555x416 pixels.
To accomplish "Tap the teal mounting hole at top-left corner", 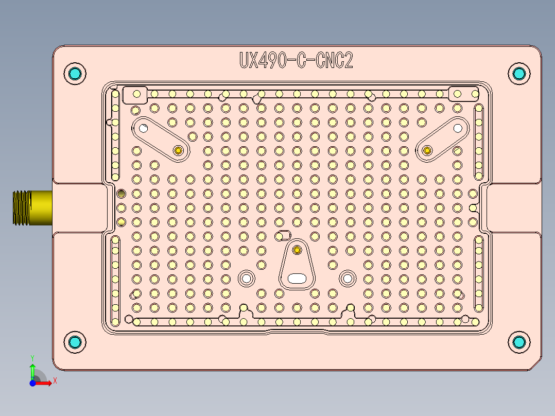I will tap(75, 73).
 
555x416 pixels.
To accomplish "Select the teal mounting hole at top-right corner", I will tap(518, 73).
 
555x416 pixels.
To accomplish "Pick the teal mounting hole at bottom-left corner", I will tap(75, 342).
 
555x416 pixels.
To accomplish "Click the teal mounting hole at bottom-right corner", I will tap(518, 342).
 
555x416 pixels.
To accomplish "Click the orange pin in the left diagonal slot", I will tap(179, 150).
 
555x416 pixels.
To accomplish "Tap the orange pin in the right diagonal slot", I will tap(427, 150).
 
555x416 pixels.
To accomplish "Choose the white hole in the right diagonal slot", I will tap(457, 128).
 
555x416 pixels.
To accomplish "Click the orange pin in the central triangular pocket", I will tap(297, 250).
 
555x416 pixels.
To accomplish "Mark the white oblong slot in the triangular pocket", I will tap(297, 279).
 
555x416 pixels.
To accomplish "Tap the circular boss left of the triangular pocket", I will tap(246, 279).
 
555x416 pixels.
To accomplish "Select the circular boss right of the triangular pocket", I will tap(347, 279).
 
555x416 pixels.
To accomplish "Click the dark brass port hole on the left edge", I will tap(121, 194).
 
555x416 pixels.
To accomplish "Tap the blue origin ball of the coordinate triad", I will tap(32, 383).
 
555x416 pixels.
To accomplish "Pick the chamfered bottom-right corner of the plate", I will tap(537, 365).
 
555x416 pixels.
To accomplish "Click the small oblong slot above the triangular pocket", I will tap(283, 235).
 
